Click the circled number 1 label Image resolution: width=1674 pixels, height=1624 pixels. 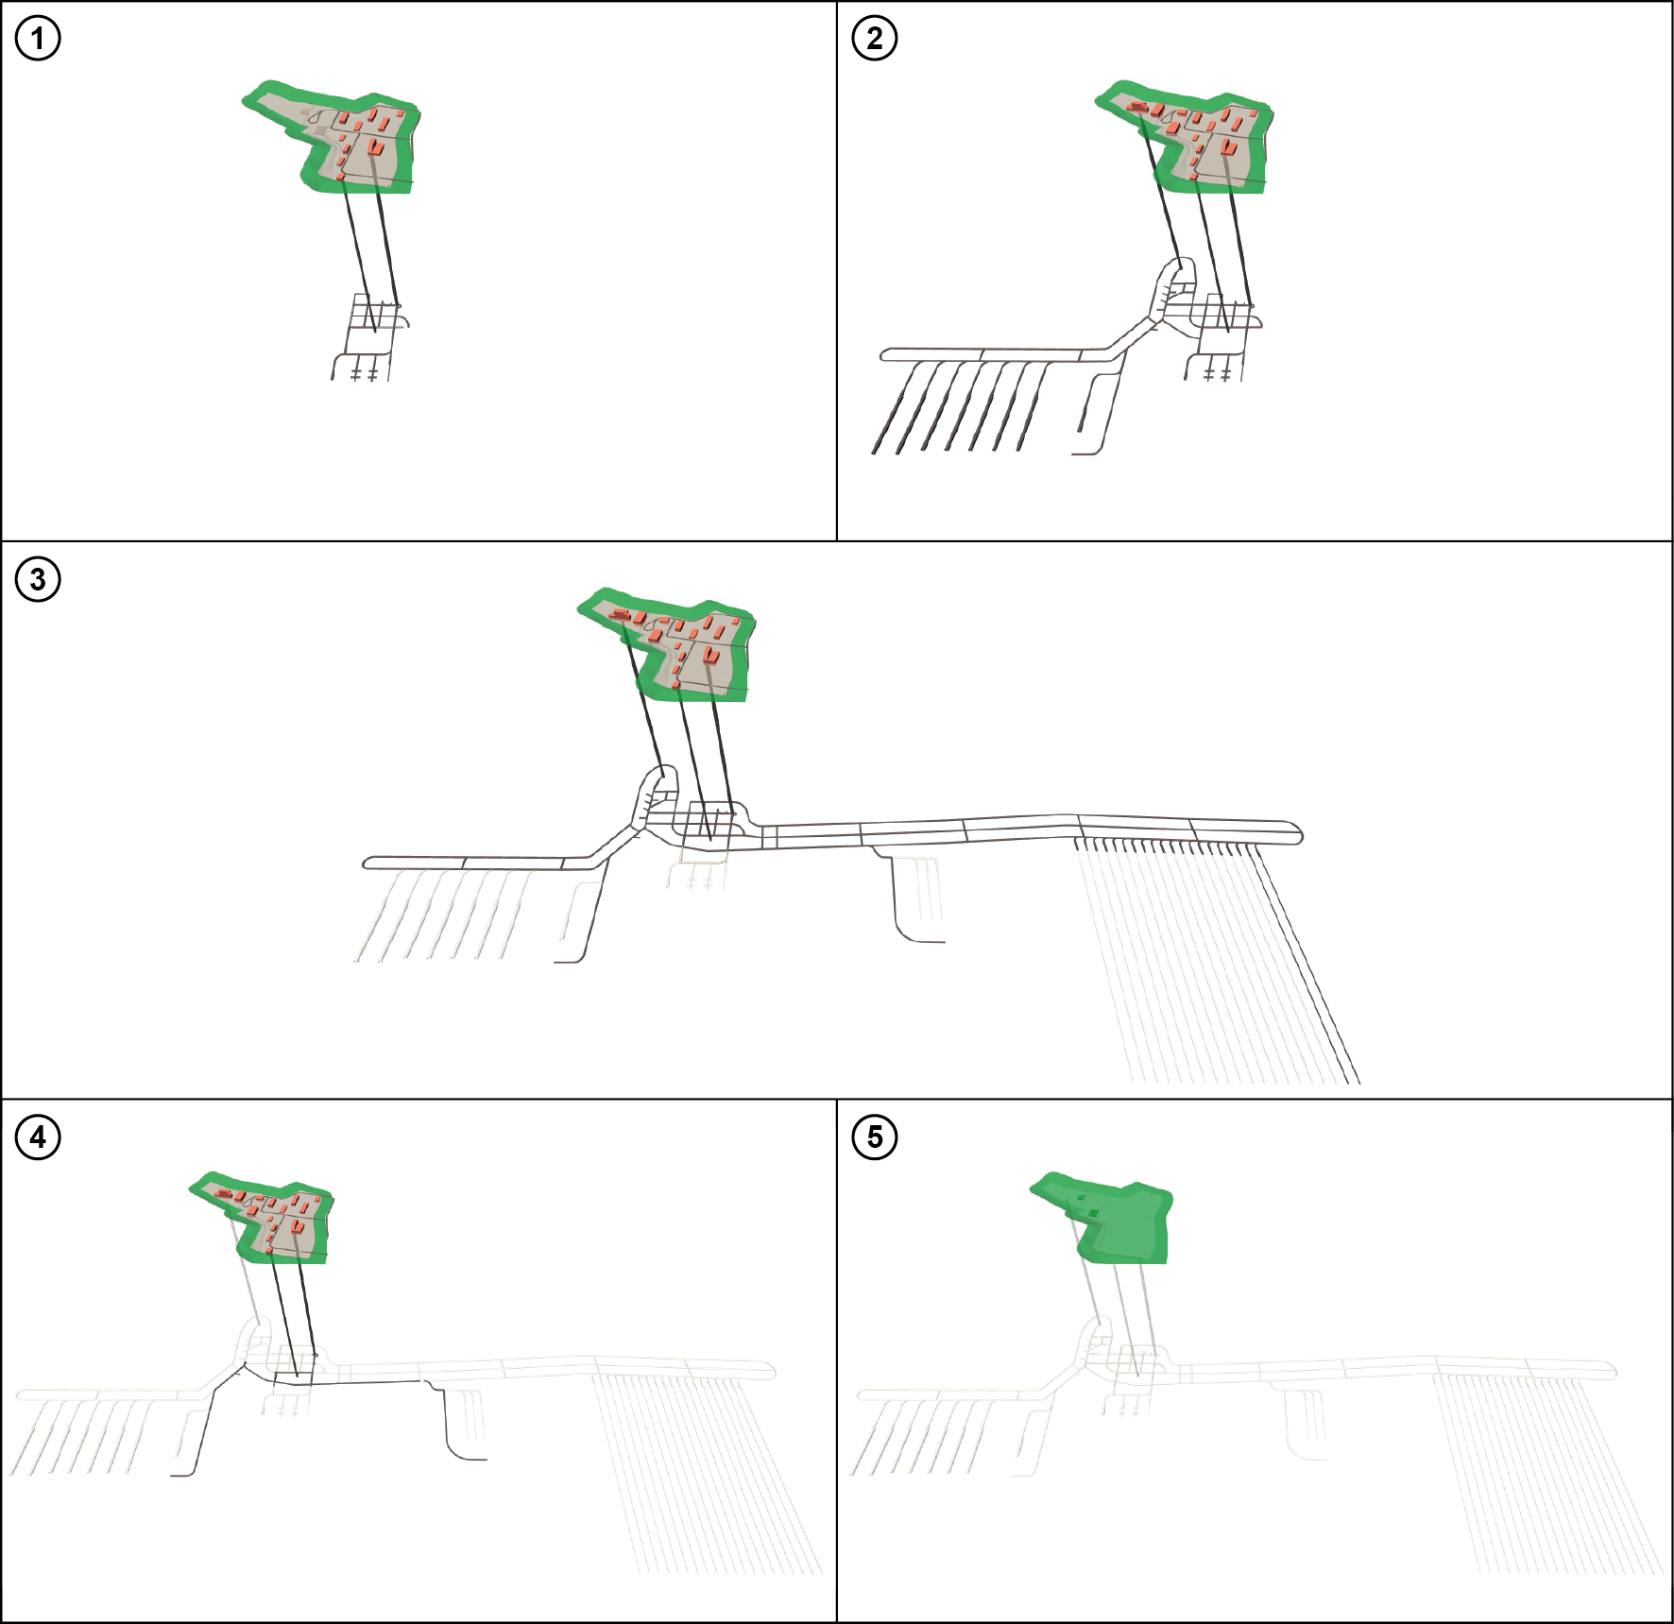38,39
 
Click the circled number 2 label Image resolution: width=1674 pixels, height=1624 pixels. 875,39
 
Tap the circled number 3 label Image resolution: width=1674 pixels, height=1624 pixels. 38,579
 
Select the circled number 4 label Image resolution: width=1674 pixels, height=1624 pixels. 38,1137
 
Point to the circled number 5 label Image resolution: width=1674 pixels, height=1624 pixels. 875,1137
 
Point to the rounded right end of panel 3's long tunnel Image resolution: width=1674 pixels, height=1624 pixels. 1300,834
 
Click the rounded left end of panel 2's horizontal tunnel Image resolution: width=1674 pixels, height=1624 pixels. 883,355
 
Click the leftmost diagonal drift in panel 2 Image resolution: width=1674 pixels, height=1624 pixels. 894,407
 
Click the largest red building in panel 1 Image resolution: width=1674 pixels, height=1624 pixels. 375,146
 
